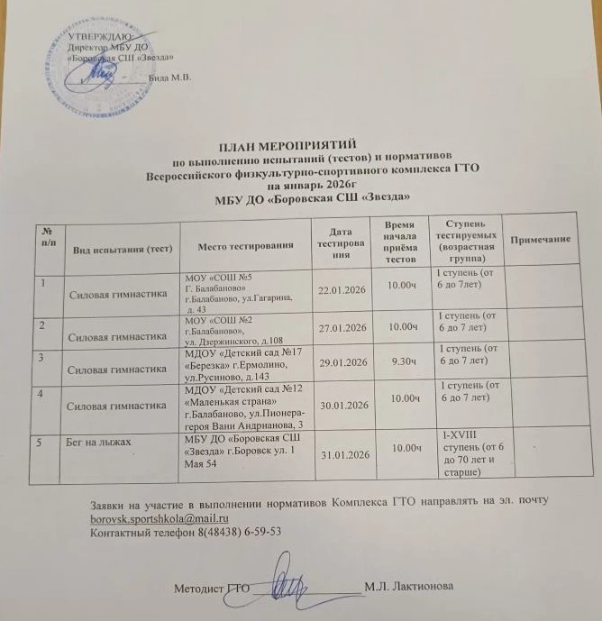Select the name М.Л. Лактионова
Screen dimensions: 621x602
click(410, 587)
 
